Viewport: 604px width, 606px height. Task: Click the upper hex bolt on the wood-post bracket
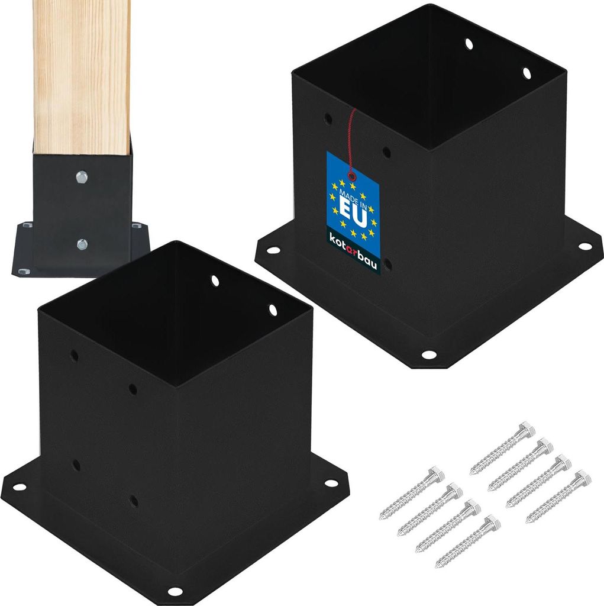(x=82, y=176)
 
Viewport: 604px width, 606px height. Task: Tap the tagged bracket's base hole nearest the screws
(x=428, y=354)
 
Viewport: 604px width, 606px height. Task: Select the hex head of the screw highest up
(x=525, y=428)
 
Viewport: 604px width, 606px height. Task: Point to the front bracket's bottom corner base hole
(x=175, y=591)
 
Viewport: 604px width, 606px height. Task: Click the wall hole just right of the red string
(x=386, y=153)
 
